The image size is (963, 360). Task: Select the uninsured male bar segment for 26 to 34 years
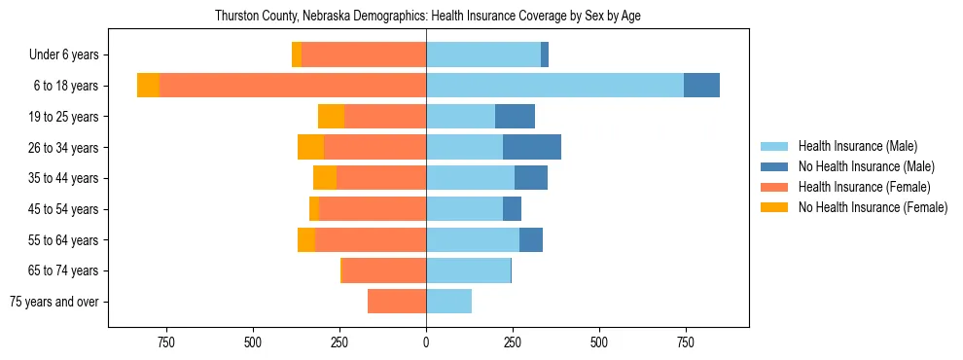click(x=532, y=147)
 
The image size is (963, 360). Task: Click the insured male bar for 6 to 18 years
click(x=554, y=86)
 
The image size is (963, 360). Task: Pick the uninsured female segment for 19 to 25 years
click(x=331, y=117)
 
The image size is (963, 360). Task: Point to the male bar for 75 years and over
click(x=448, y=302)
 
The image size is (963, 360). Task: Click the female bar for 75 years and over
click(x=397, y=302)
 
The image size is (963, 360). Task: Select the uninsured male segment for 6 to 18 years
click(x=701, y=86)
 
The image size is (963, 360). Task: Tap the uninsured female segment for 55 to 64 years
click(x=306, y=239)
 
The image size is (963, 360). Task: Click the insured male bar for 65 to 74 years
click(x=468, y=270)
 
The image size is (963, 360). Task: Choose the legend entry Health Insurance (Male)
click(x=857, y=146)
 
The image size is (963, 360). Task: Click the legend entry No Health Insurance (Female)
click(x=872, y=207)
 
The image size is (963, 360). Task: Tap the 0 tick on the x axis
click(x=426, y=342)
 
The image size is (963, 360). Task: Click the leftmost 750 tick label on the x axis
click(x=165, y=342)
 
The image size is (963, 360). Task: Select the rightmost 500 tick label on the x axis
click(x=599, y=342)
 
